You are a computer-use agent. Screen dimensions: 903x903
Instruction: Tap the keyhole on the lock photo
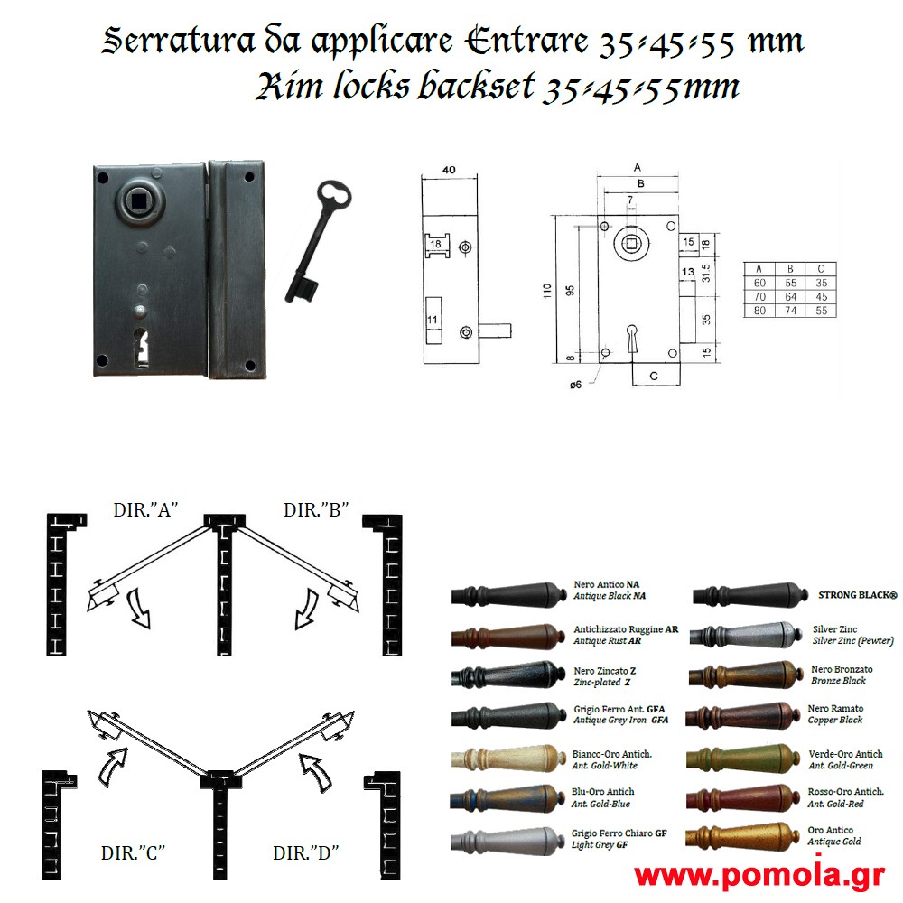pos(141,347)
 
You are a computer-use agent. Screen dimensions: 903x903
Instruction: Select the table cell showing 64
pos(790,296)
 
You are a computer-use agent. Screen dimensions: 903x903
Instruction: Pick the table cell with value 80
pos(759,311)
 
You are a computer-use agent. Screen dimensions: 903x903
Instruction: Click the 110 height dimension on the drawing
pos(547,290)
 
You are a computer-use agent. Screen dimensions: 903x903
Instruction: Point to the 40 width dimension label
pos(449,170)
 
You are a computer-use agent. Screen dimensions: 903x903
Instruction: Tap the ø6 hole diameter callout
pos(575,385)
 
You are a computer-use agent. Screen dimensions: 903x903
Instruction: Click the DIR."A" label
pos(145,510)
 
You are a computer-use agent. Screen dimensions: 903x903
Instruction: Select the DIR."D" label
pos(305,852)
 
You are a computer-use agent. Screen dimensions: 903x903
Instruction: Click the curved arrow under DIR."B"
pos(305,610)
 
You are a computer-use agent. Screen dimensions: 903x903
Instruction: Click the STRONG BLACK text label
pos(858,595)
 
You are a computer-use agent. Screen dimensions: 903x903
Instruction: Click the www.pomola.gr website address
pos(759,877)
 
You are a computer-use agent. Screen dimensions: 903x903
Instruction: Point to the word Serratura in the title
pos(179,41)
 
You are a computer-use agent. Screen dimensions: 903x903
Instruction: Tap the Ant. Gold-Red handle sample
pos(743,797)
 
